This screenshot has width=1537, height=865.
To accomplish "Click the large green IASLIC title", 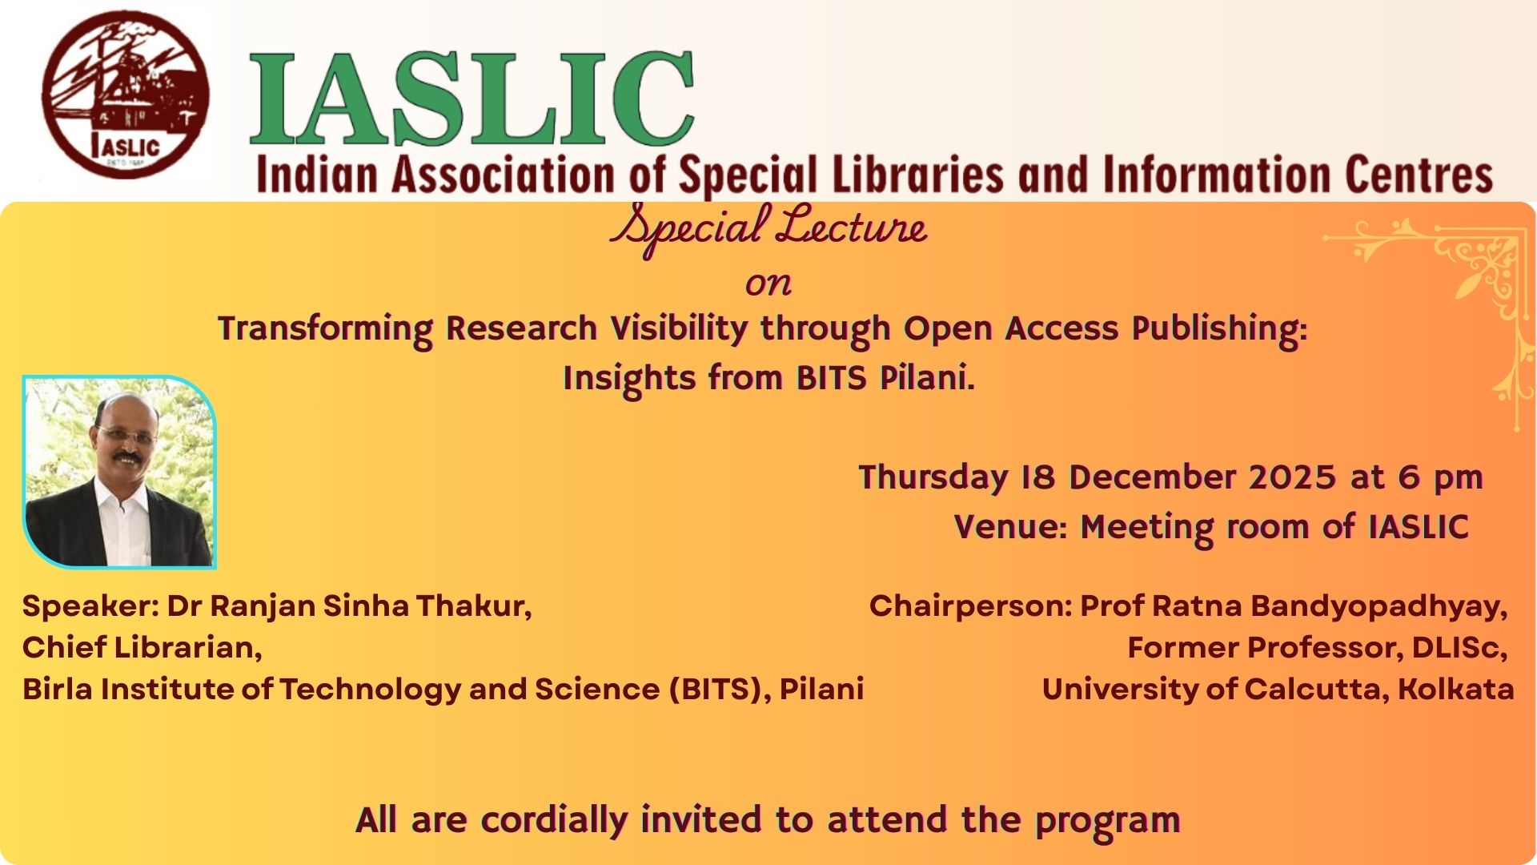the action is (x=472, y=99).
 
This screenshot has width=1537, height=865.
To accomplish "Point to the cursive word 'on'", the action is (x=768, y=284).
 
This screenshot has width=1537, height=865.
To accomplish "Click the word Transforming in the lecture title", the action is (x=325, y=329).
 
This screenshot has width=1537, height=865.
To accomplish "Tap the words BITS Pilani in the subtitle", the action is (x=885, y=377).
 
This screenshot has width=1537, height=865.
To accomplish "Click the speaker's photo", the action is (x=119, y=472).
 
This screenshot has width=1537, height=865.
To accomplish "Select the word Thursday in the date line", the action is (x=933, y=478).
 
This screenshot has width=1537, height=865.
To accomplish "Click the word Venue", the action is (x=1011, y=527).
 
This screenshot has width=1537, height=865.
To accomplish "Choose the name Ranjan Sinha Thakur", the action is (x=370, y=606).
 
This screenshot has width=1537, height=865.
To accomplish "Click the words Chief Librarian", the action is (x=142, y=647).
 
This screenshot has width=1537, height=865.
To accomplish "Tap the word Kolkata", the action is (x=1456, y=689).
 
